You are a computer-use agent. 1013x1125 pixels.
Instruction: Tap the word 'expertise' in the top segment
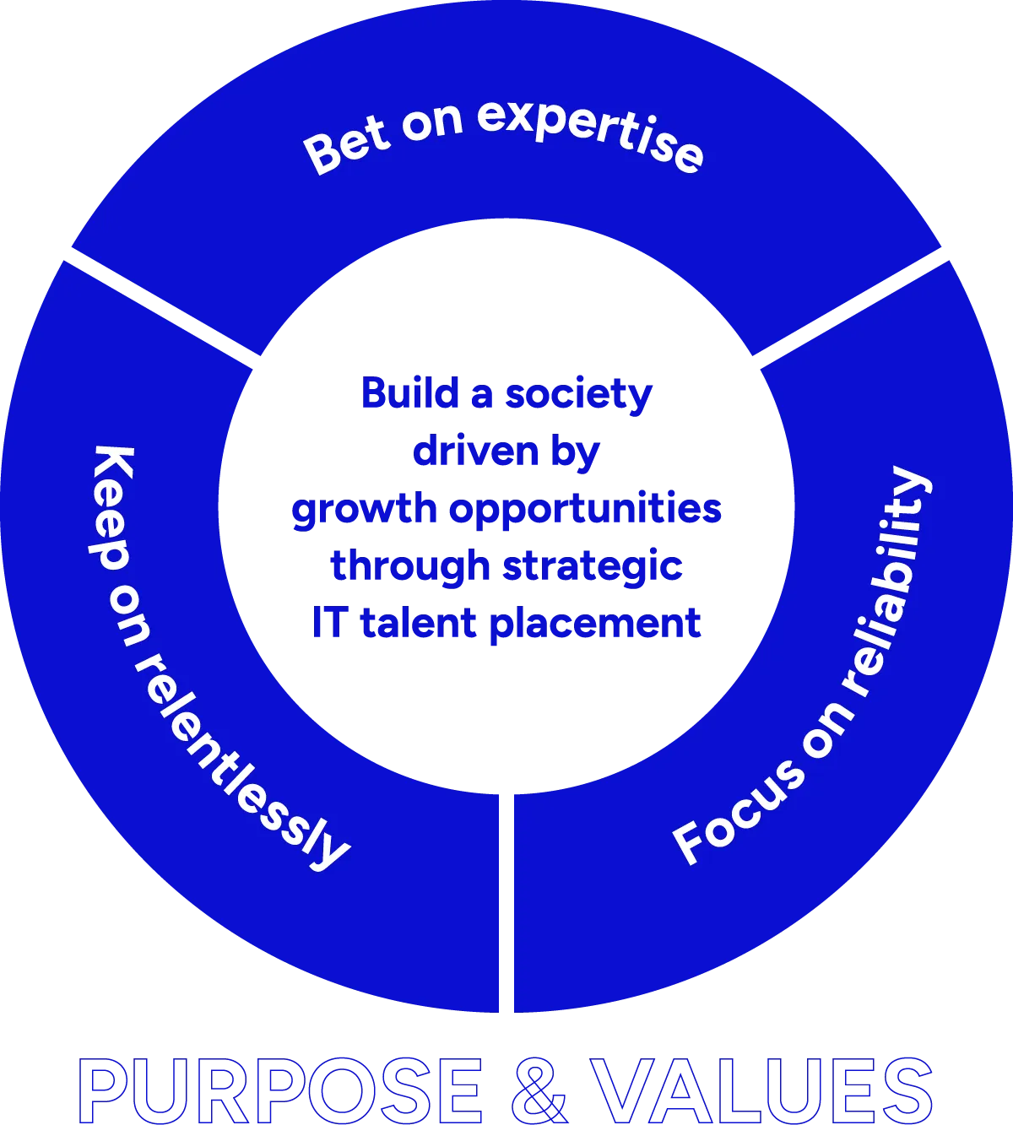tap(590, 135)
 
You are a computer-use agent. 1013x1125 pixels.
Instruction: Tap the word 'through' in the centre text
tap(409, 565)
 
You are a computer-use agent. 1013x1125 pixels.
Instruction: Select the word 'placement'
tap(595, 625)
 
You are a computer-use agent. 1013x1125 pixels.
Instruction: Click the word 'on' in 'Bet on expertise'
tap(432, 122)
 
